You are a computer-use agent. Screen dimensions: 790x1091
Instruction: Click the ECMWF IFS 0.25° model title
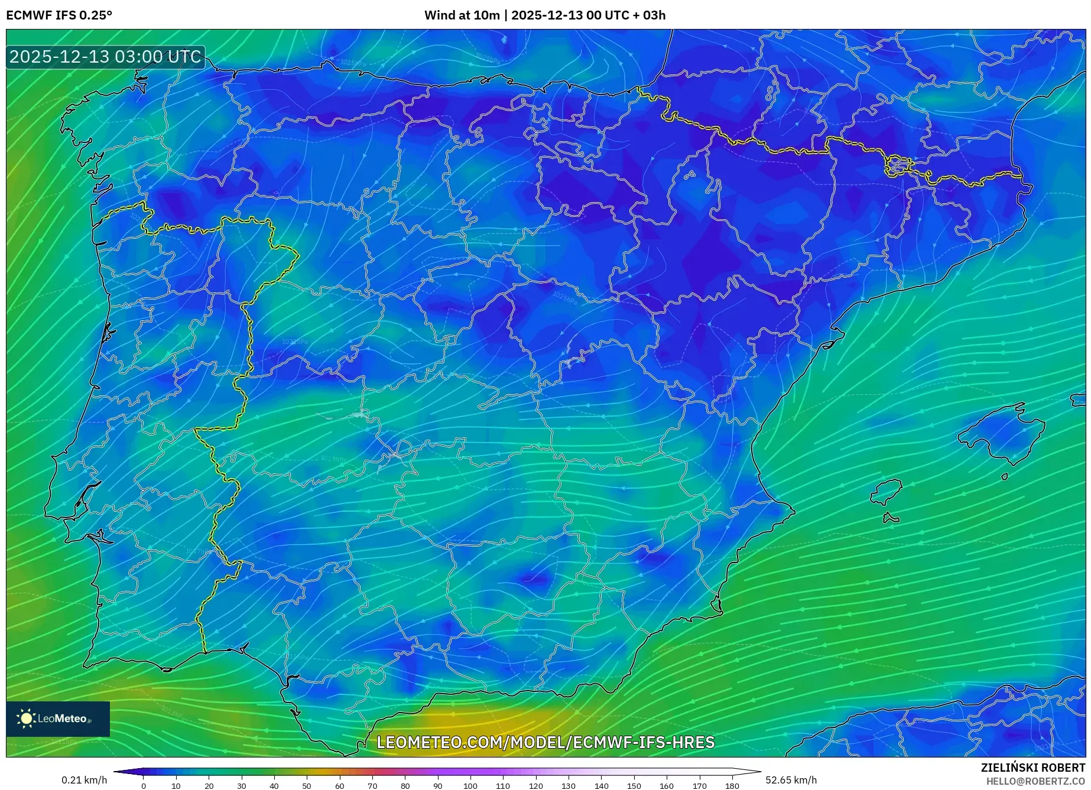pos(59,15)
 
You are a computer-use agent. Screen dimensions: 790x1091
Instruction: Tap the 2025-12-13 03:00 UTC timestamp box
pos(105,57)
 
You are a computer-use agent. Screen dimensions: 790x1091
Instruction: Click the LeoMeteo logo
pos(57,719)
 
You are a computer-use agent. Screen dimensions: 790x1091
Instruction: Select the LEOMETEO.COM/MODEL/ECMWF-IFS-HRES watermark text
pos(545,742)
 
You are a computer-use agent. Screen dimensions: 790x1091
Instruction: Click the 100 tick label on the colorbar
pos(470,786)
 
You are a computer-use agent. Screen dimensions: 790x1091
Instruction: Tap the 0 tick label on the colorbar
pos(143,786)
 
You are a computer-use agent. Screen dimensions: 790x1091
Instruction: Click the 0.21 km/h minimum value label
pos(84,780)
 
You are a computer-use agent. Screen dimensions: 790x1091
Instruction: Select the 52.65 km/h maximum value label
pos(791,780)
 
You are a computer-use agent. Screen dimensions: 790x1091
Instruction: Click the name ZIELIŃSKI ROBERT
pos(1032,768)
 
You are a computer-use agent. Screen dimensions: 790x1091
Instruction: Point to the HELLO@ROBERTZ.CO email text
pos(1035,781)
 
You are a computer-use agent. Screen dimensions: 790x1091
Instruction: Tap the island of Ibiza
pos(887,490)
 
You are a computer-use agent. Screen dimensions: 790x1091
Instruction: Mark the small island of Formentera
pos(890,519)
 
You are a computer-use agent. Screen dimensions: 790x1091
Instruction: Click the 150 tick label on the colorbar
pos(634,786)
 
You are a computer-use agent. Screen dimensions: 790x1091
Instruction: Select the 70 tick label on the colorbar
pos(372,786)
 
